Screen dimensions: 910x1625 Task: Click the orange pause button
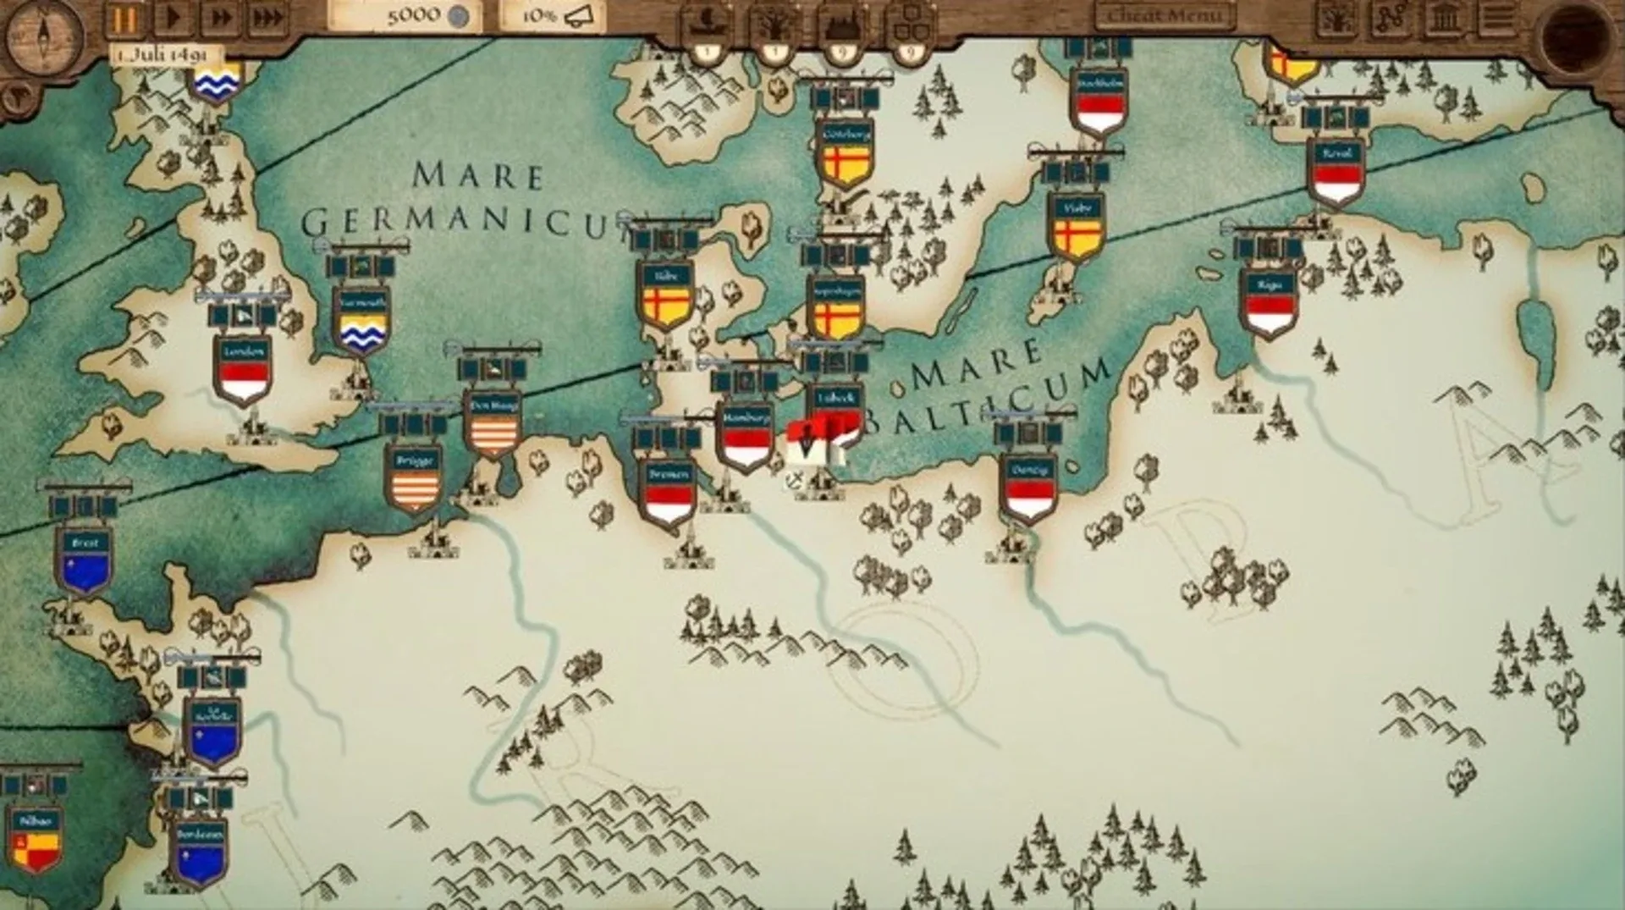(x=124, y=19)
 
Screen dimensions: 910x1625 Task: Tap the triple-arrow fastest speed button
(x=267, y=19)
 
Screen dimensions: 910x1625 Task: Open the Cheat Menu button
(x=1165, y=16)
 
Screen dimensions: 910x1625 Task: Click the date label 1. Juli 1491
(x=162, y=55)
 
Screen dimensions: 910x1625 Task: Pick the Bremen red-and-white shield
(x=669, y=495)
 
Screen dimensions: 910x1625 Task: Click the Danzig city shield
(x=1028, y=491)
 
